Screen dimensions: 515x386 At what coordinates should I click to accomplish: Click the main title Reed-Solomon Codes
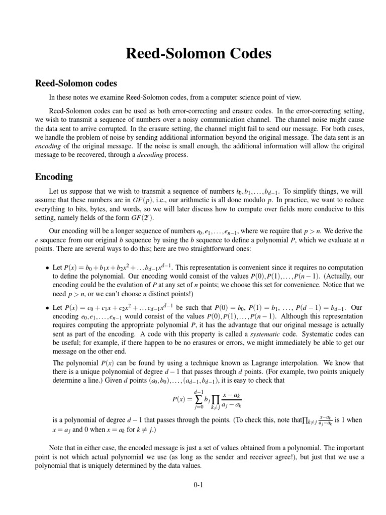(x=193, y=54)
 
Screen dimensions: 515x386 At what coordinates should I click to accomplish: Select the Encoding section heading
(x=54, y=177)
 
